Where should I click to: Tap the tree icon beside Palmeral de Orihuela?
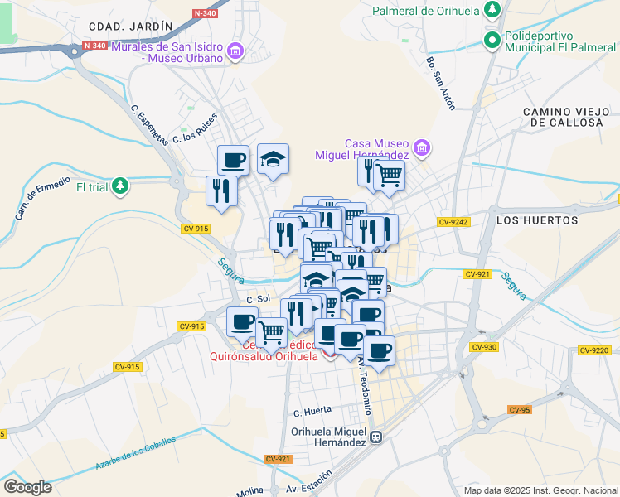[x=492, y=10]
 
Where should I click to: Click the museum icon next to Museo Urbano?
[x=235, y=52]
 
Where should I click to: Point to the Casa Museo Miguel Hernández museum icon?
[x=422, y=149]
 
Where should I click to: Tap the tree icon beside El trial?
[x=121, y=186]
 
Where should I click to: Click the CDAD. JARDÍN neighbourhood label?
[x=129, y=27]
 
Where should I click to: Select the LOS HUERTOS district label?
[x=536, y=220]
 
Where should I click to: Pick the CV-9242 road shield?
[x=454, y=221]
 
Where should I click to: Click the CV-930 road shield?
[x=485, y=347]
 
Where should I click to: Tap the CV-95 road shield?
[x=520, y=409]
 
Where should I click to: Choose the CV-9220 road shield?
[x=594, y=350]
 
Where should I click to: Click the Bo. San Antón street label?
[x=441, y=83]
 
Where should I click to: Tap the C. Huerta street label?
[x=312, y=410]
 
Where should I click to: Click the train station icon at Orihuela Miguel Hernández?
[x=375, y=437]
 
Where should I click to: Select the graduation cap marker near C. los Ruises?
[x=273, y=157]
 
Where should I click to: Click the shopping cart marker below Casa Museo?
[x=389, y=174]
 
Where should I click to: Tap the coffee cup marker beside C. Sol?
[x=243, y=321]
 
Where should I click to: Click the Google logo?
[x=27, y=487]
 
